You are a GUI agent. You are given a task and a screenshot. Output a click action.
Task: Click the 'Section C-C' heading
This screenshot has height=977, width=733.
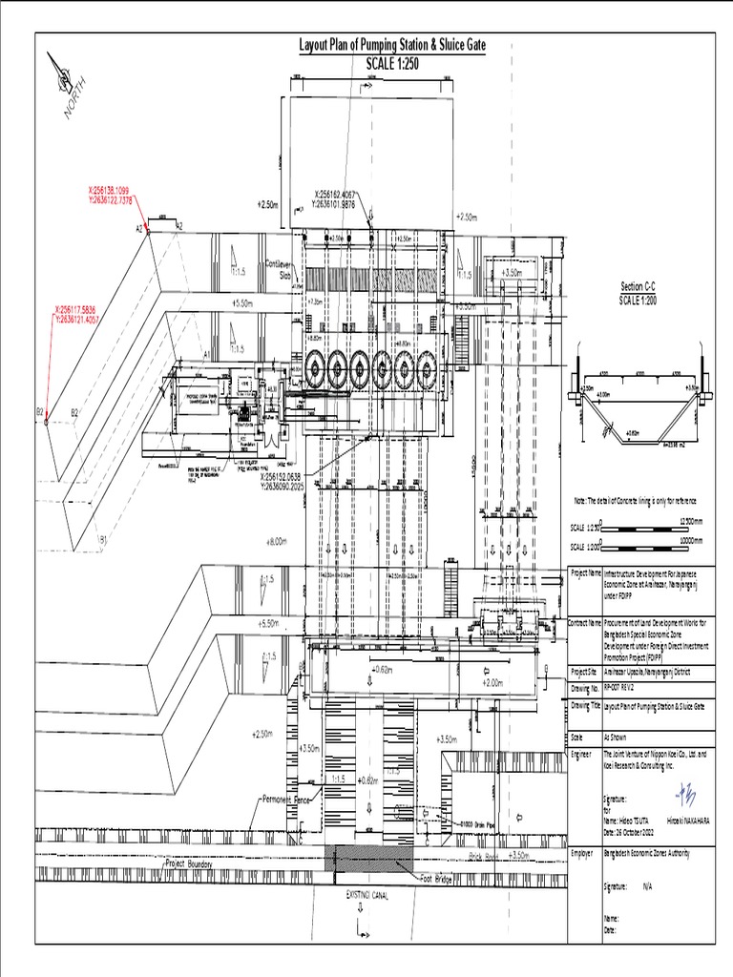point(639,287)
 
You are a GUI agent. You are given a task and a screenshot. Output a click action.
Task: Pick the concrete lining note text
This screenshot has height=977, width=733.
point(635,500)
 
